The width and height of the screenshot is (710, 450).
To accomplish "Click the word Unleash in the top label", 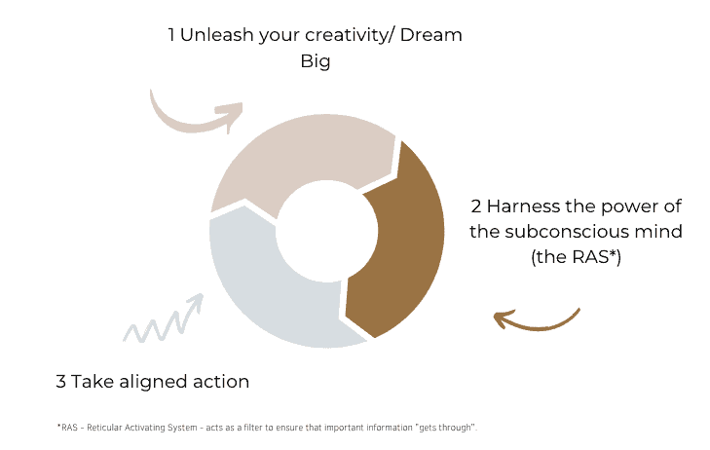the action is coord(217,35).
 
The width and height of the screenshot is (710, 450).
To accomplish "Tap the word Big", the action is coord(316,62).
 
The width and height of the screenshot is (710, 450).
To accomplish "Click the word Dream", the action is coord(431,35).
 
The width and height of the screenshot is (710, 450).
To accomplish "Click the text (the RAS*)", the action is coord(576,257).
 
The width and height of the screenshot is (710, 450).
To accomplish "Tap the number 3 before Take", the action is coord(60,382).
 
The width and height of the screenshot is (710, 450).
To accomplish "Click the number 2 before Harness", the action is coord(476,206).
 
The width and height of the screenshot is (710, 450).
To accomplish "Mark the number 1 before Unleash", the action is coord(171,35).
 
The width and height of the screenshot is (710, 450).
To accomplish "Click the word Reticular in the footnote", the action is coord(104,428).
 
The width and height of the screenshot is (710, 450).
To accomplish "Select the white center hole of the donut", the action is coord(327,232).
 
